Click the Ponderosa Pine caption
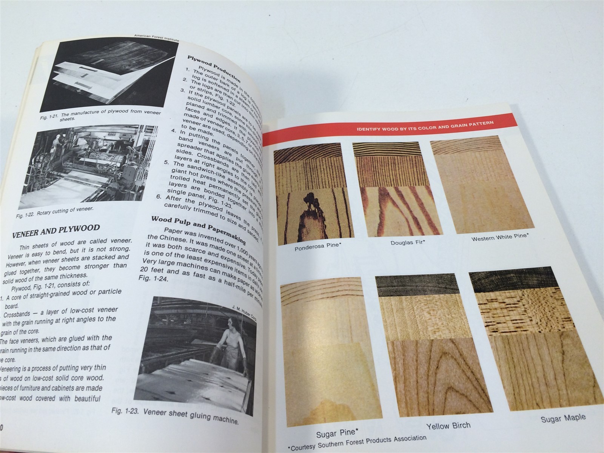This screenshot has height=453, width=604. coord(318,247)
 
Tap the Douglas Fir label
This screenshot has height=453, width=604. coord(408,242)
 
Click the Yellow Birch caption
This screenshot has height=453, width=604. coord(448,426)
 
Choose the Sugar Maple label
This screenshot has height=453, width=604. coord(563,418)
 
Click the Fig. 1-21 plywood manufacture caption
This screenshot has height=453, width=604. coord(100,115)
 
